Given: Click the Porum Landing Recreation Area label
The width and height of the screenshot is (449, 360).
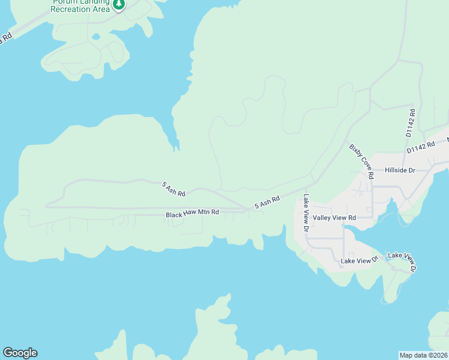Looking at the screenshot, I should coord(80,6).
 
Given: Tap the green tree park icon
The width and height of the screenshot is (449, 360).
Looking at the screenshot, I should coord(119,5).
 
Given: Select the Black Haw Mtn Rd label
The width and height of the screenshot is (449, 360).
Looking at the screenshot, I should coord(192,213).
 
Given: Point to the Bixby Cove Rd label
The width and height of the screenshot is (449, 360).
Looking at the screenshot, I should coord(362,161).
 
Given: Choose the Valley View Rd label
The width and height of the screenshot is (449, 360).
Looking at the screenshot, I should coord(334,218).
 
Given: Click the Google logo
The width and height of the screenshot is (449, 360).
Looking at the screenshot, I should coord(20,353).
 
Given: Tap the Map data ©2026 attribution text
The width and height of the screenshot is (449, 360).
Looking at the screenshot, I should coord(423,355).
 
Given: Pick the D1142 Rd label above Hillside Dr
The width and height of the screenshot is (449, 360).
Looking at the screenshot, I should coord(420,148).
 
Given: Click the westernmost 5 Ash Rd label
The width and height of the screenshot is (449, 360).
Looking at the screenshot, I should coord(173,189).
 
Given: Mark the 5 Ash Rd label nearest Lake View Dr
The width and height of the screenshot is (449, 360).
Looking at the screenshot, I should coord(267,203).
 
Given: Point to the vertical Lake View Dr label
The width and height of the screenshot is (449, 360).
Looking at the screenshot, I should coord(306,213).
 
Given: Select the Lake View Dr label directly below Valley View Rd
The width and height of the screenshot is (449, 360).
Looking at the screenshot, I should coord(359,260).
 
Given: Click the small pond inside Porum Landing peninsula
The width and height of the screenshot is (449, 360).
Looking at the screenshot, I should coord(96,37).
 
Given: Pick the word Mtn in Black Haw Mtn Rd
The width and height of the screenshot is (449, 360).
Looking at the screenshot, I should coord(202,213).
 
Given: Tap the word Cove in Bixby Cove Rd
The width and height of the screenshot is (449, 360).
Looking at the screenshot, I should coord(363,161).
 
